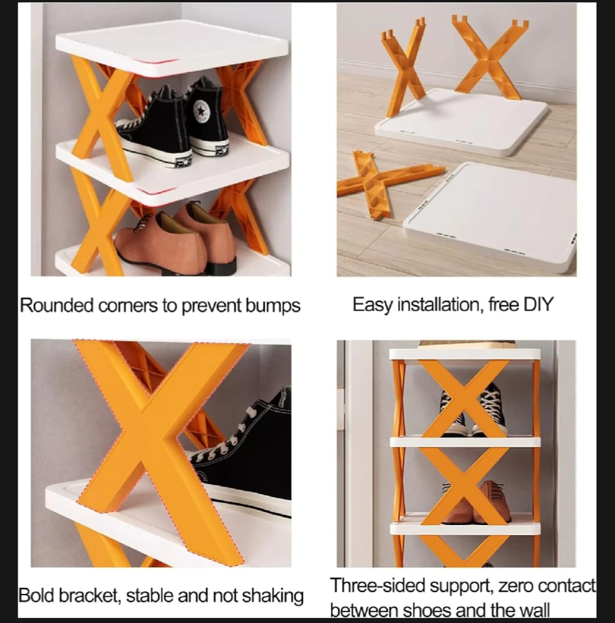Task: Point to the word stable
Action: (x=150, y=596)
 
